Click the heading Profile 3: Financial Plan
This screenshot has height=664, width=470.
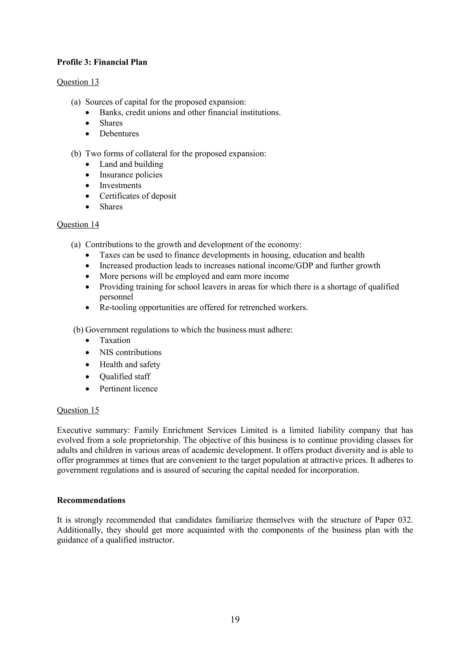[102, 62]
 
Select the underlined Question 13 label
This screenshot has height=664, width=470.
[78, 82]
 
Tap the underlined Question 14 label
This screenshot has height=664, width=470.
[78, 224]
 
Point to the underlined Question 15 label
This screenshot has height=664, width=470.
[78, 410]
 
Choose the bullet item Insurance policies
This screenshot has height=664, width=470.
[131, 175]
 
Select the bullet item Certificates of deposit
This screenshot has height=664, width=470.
[138, 196]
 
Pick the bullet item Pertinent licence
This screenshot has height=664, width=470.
[129, 389]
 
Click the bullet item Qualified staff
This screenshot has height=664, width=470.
[125, 376]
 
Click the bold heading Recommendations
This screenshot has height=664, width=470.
[91, 500]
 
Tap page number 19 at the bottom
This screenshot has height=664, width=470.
[235, 620]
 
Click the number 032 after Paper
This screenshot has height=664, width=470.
[405, 520]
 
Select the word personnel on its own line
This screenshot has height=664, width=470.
[116, 297]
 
